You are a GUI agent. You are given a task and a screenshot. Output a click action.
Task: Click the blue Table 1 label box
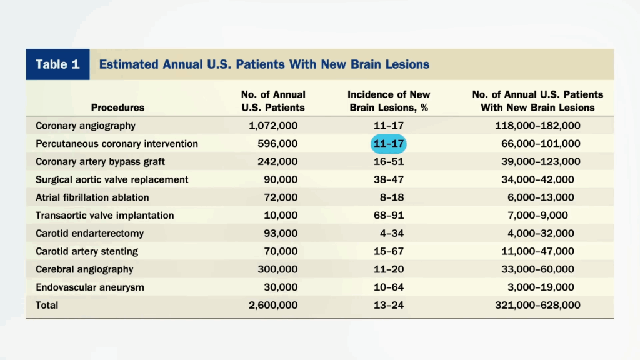click(57, 64)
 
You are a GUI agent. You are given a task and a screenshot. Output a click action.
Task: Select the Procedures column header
click(117, 107)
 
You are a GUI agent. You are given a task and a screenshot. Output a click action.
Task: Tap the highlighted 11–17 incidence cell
click(389, 144)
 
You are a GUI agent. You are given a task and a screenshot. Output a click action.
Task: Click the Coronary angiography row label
click(85, 126)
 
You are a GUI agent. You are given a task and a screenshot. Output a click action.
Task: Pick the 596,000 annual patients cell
click(277, 144)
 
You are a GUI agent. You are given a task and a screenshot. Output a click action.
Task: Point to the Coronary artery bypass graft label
click(100, 162)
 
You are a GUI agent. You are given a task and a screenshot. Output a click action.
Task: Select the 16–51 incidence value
click(389, 162)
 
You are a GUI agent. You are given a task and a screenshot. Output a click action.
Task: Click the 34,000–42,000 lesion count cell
click(537, 179)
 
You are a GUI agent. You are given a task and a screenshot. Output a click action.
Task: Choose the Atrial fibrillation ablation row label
click(92, 197)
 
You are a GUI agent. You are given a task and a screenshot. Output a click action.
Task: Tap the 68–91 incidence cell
click(389, 216)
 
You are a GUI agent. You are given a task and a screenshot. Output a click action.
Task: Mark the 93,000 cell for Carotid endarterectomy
click(281, 234)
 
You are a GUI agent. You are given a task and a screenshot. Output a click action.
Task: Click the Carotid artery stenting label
click(86, 251)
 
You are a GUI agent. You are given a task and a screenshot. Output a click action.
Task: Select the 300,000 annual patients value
click(277, 269)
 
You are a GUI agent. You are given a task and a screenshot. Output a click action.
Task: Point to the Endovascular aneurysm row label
click(90, 287)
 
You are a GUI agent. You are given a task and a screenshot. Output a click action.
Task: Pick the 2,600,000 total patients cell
click(273, 305)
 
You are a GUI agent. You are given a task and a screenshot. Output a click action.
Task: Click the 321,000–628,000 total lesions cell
click(537, 305)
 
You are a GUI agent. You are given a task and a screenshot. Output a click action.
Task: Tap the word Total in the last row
click(47, 305)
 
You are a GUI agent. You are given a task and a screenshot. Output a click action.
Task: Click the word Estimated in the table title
click(129, 64)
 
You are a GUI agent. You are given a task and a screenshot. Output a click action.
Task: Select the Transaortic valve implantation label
click(104, 216)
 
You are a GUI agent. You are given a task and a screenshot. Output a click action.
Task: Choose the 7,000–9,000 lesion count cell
click(537, 216)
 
